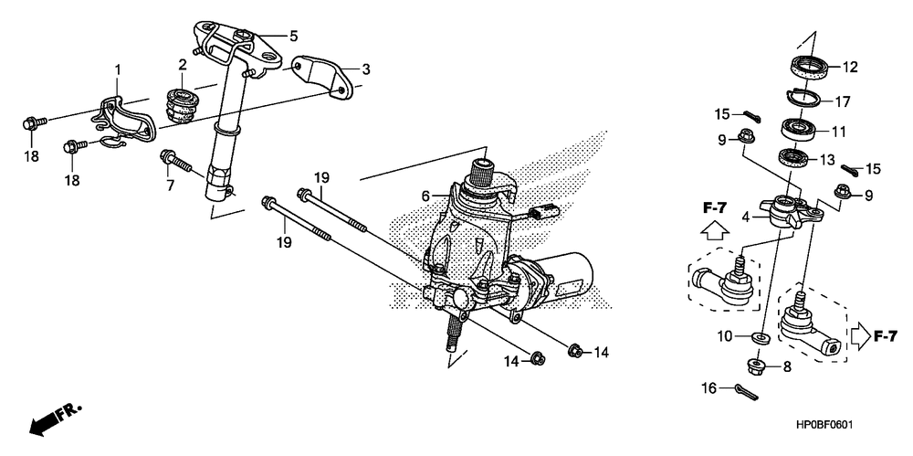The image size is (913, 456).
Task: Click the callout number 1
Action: [x=117, y=69]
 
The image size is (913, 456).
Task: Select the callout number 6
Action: [x=425, y=195]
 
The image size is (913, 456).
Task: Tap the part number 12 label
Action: [x=850, y=67]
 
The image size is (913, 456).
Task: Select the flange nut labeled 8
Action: [x=760, y=367]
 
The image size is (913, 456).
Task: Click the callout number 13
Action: [x=827, y=160]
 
